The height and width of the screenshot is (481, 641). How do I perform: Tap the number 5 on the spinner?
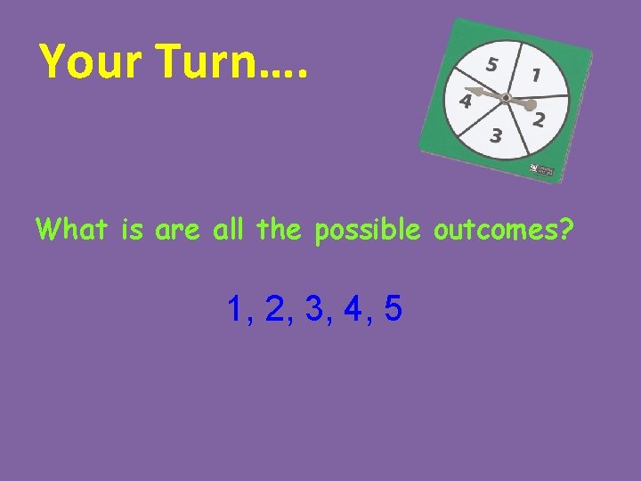click(491, 64)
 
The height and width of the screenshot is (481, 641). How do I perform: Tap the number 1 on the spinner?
click(535, 76)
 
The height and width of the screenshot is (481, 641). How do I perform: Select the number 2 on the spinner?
click(539, 120)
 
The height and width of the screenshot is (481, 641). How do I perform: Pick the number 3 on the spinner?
click(496, 136)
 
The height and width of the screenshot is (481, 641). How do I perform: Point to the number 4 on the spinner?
click(465, 102)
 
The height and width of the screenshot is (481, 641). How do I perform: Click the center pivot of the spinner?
click(505, 97)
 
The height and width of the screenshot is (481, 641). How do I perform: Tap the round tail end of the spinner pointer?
click(531, 104)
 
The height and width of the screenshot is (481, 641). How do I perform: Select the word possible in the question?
click(372, 230)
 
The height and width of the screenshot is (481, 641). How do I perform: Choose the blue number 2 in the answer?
click(274, 309)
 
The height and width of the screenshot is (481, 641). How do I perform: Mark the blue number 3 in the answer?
click(313, 309)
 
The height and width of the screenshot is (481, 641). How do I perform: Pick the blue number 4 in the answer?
click(353, 309)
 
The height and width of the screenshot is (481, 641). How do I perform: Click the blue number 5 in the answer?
click(393, 309)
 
